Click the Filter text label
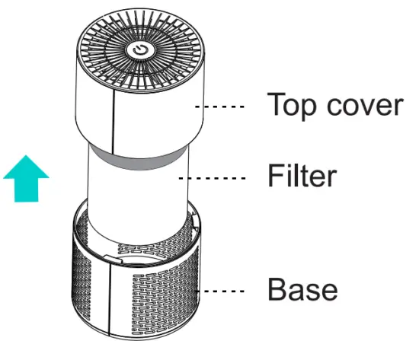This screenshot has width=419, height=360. click(302, 176)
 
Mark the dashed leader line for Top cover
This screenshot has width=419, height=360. click(223, 107)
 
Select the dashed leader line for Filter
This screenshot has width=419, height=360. click(219, 179)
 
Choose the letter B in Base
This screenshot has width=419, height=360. click(275, 288)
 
